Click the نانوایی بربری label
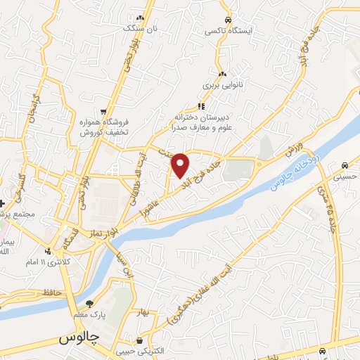point(222,84)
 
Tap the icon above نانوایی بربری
point(222,74)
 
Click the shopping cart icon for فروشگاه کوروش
point(103,111)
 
